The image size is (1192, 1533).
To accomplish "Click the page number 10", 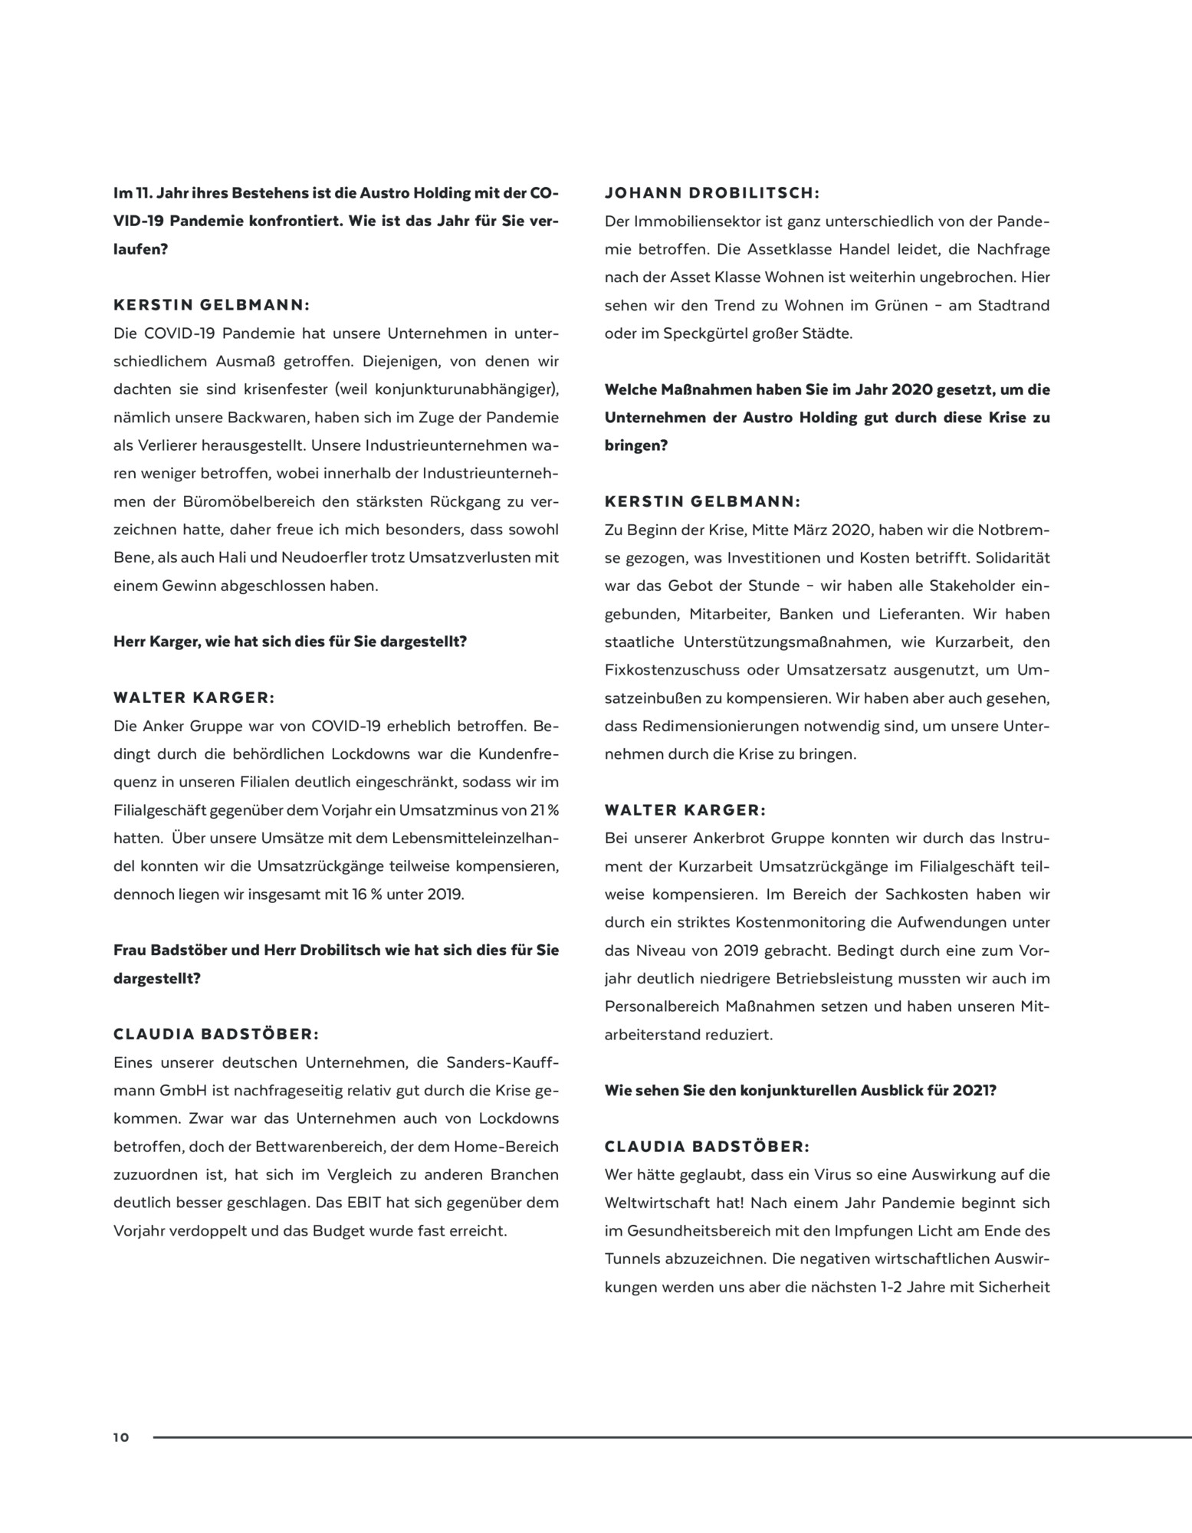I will point(122,1437).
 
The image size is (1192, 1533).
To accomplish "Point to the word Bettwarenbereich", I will point(316,1147).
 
